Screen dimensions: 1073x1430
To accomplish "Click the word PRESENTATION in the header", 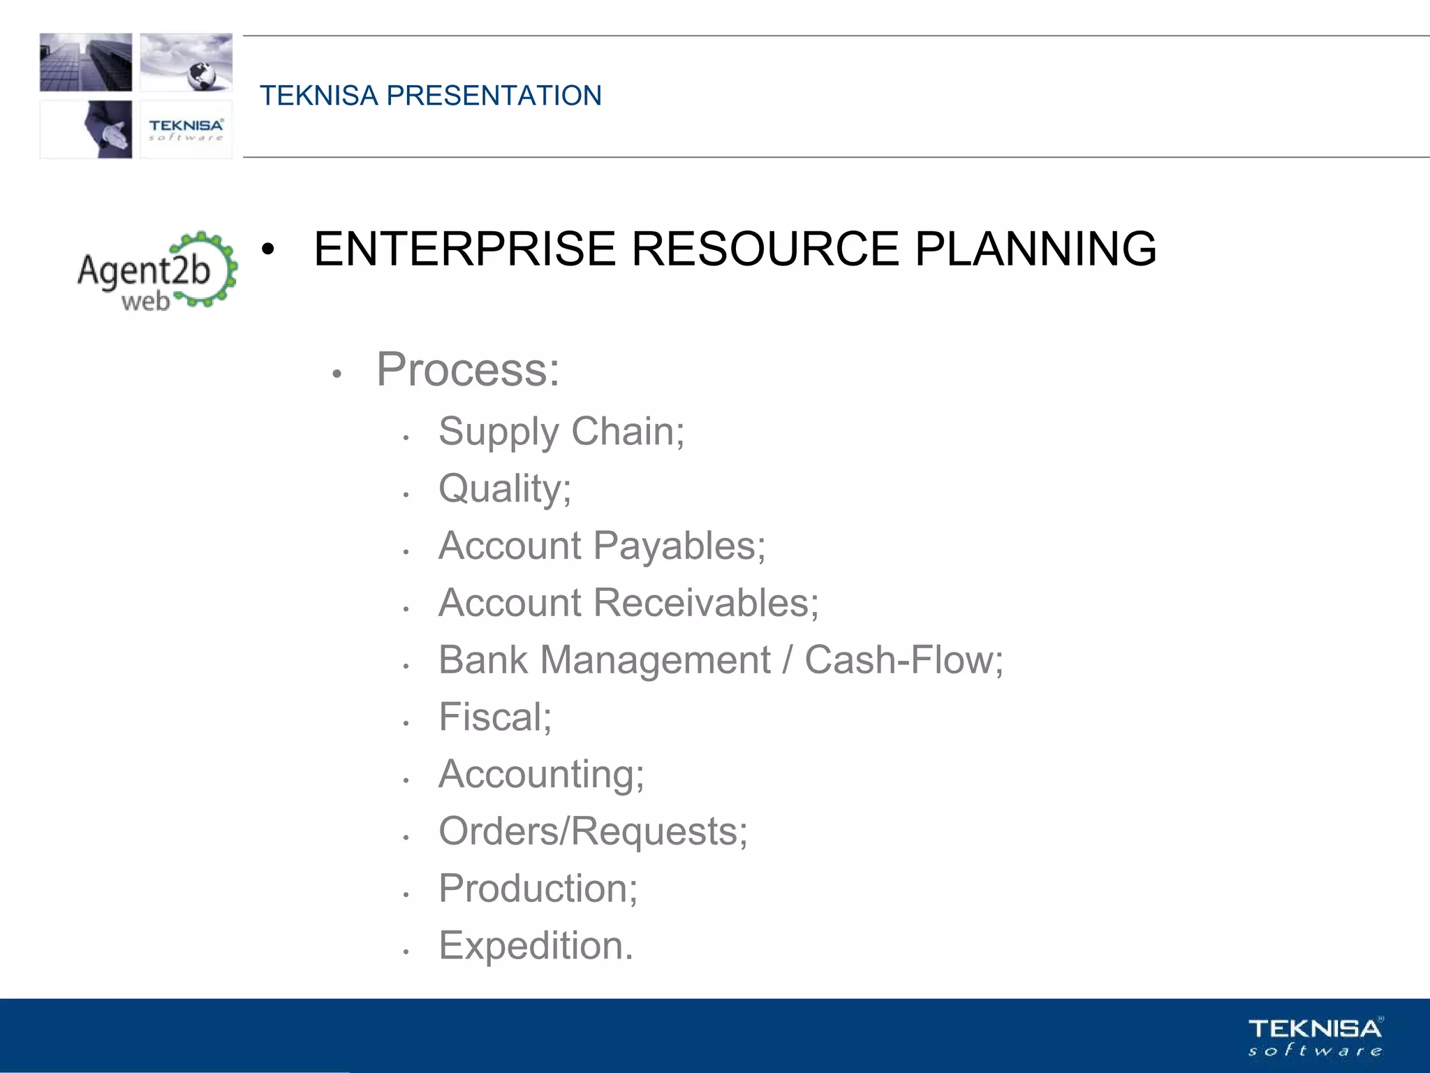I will (494, 96).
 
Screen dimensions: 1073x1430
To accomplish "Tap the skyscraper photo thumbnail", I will (86, 62).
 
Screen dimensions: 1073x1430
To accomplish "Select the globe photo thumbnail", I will (186, 62).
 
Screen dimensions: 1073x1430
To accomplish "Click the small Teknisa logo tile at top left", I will (186, 129).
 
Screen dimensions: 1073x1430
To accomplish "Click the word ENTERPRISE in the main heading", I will (464, 249).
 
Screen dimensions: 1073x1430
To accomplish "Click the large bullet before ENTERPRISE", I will (268, 249).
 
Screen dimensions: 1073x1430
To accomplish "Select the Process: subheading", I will (467, 370).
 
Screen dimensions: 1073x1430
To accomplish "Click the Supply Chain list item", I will (561, 432).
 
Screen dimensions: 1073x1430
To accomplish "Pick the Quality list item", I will (504, 488).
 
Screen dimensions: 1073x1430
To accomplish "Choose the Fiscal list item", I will (494, 717).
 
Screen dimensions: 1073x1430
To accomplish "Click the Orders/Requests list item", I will (592, 831).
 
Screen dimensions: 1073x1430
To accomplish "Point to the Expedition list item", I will (535, 946).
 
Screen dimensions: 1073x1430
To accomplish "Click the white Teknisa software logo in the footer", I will (1315, 1036).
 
